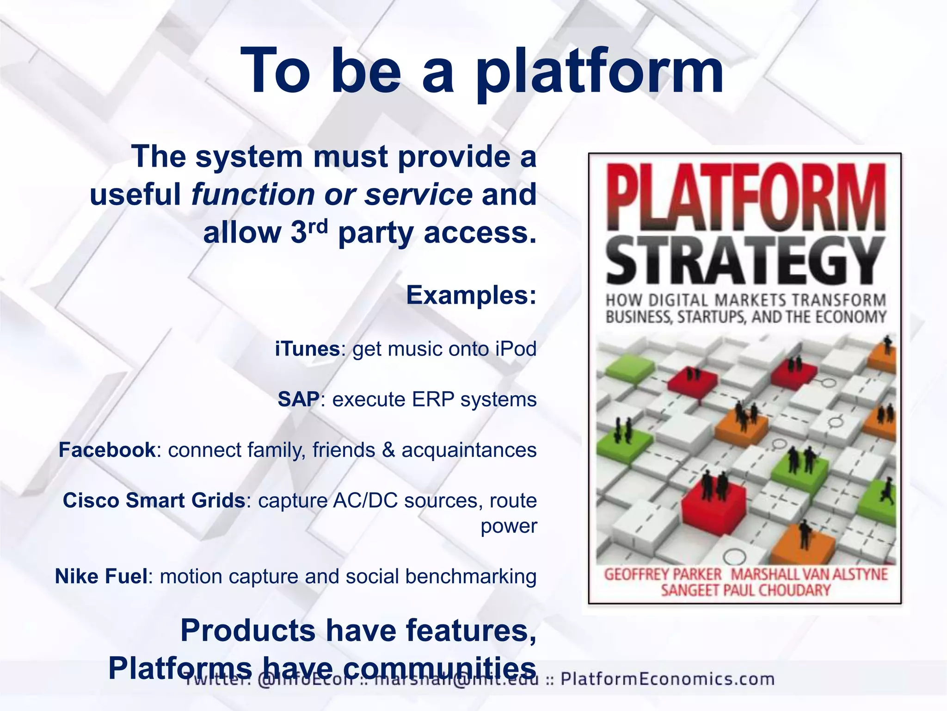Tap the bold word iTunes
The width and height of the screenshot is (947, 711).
pyautogui.click(x=307, y=349)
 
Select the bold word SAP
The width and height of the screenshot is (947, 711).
pyautogui.click(x=299, y=399)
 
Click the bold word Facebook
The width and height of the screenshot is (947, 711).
pyautogui.click(x=107, y=450)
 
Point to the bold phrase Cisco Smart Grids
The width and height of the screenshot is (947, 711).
pyautogui.click(x=154, y=500)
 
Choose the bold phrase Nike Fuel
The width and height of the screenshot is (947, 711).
pyautogui.click(x=101, y=577)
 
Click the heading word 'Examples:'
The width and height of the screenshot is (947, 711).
pyautogui.click(x=471, y=295)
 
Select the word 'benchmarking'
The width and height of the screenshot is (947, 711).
pyautogui.click(x=471, y=577)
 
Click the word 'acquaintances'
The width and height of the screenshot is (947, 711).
pyautogui.click(x=469, y=450)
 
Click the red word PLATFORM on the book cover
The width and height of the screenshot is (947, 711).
pyautogui.click(x=745, y=198)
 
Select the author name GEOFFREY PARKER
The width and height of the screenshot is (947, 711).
pyautogui.click(x=663, y=574)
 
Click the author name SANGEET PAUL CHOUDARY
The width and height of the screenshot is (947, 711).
pyautogui.click(x=745, y=590)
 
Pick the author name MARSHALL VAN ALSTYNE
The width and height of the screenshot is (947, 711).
pyautogui.click(x=809, y=574)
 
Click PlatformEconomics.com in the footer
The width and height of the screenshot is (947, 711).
pyautogui.click(x=667, y=679)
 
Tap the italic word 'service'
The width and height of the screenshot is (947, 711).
pyautogui.click(x=418, y=195)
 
